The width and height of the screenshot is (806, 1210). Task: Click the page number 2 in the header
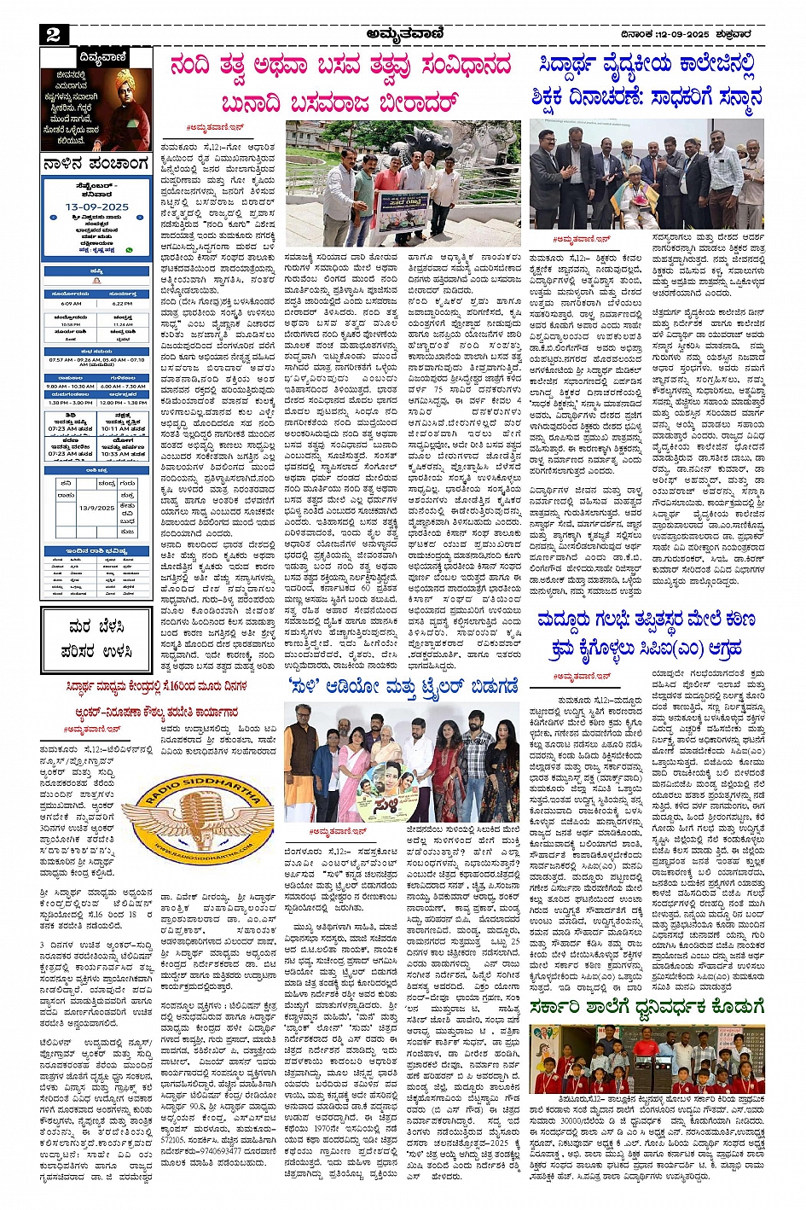click(x=54, y=34)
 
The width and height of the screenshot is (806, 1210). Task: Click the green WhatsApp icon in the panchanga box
click(x=130, y=250)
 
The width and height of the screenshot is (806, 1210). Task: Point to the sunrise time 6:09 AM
click(x=71, y=303)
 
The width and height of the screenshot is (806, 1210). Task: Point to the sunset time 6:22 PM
click(x=122, y=303)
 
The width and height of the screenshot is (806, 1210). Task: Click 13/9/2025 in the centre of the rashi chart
click(x=96, y=507)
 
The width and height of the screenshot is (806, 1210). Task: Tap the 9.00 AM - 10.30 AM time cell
click(x=71, y=386)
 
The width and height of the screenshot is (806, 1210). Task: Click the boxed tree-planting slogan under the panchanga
click(x=96, y=638)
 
